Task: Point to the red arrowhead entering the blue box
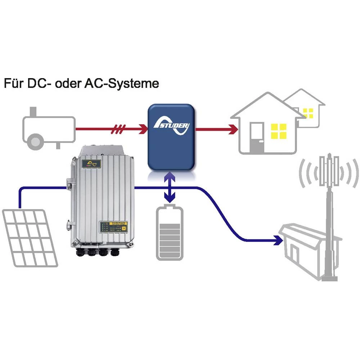click(x=144, y=128)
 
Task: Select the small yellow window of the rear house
click(x=308, y=113)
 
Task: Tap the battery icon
click(x=170, y=232)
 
